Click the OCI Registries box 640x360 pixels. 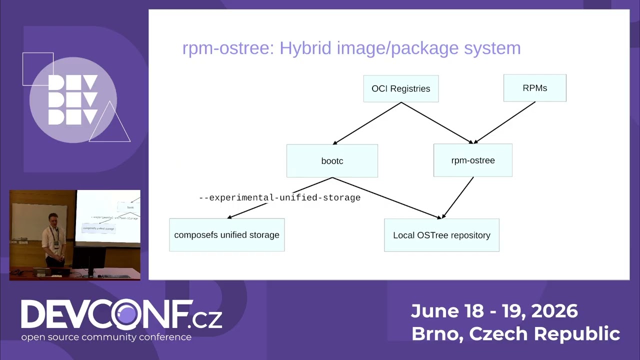[401, 88]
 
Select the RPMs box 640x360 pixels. [535, 88]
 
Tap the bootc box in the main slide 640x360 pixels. [332, 161]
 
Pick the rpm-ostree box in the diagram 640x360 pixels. [473, 160]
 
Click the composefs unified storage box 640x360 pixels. [227, 235]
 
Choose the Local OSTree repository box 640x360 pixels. [441, 235]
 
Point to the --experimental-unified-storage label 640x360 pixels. [279, 197]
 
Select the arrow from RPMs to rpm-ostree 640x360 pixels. [504, 122]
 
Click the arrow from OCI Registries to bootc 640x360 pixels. [367, 123]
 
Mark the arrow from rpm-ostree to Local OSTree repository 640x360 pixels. [457, 197]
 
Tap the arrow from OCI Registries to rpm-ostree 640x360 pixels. [437, 123]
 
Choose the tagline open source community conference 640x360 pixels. [106, 337]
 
